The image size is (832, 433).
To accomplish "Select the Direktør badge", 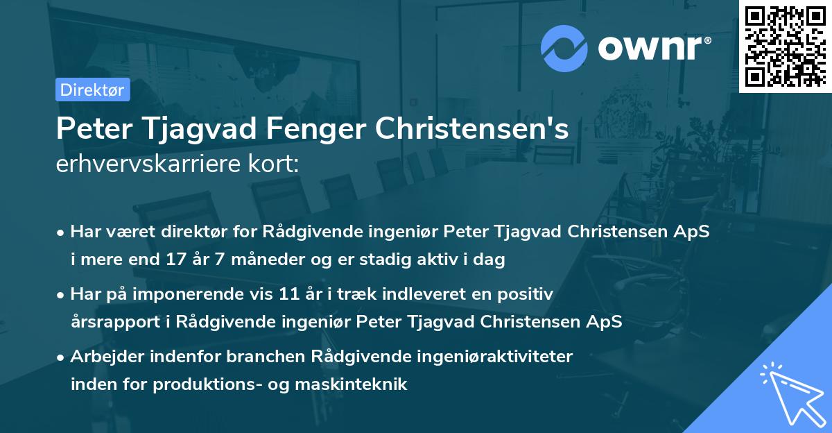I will coord(92,90).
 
